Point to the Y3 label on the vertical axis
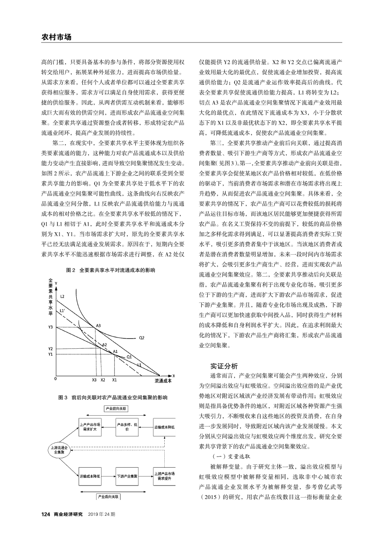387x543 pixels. coord(50,327)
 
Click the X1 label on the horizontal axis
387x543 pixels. coord(114,381)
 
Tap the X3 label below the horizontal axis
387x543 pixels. coord(94,381)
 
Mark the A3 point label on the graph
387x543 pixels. coord(98,325)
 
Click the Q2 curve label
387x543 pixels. coord(142,338)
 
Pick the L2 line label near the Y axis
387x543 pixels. coord(62,297)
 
